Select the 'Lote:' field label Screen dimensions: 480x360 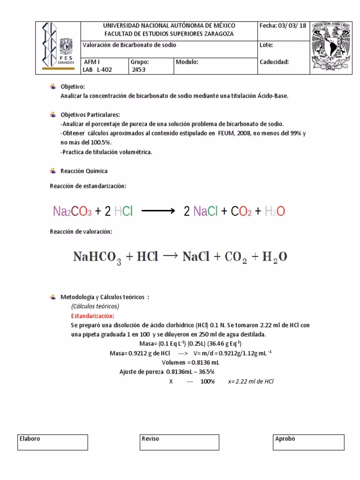[x=266, y=45]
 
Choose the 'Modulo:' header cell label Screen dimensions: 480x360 [x=187, y=62]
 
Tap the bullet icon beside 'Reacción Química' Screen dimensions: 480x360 [x=53, y=171]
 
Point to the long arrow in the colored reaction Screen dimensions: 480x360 [x=157, y=212]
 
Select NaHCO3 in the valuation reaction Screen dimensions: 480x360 [x=97, y=257]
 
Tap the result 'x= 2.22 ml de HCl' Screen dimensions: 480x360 [x=250, y=382]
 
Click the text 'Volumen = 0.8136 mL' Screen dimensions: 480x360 [x=190, y=363]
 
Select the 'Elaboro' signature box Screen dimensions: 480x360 [x=53, y=442]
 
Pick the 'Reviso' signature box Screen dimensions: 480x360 [x=180, y=442]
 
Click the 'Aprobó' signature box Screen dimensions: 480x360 [x=308, y=442]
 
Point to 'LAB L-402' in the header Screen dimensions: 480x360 [x=97, y=70]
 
